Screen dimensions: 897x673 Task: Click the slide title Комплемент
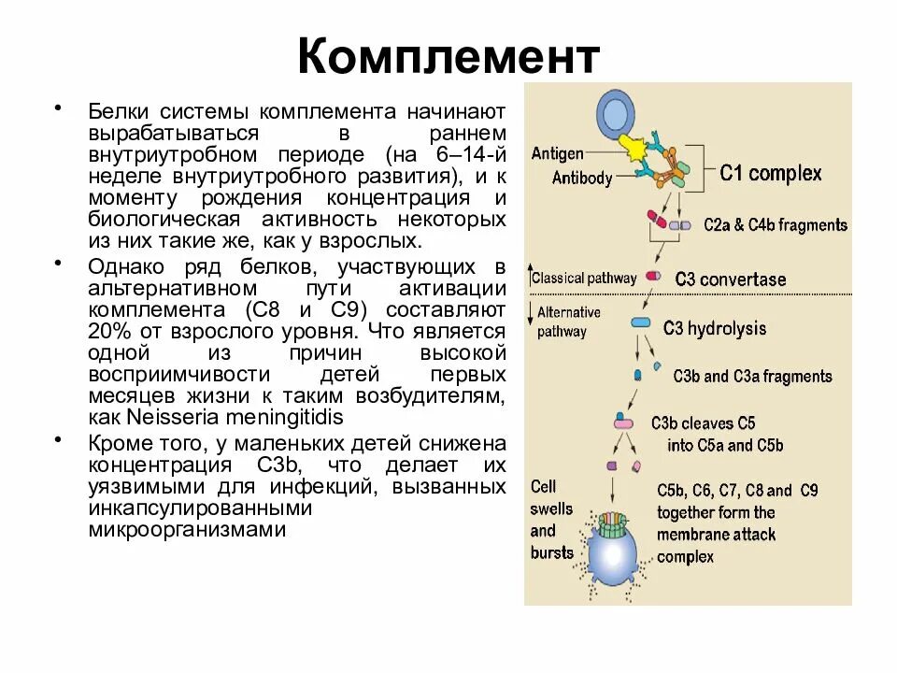coord(448,58)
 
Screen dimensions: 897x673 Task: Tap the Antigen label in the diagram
coord(557,153)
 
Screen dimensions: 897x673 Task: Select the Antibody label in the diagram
coord(581,178)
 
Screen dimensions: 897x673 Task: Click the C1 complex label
coord(771,173)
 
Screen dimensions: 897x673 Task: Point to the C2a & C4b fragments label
coord(776,225)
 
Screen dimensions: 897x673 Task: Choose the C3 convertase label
coord(730,279)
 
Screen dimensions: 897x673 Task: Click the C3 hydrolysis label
coord(715,328)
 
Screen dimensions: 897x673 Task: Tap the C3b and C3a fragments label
coord(752,377)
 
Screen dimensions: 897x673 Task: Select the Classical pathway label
coord(584,278)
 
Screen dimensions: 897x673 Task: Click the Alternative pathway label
coord(568,322)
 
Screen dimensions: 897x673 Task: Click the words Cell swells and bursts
coord(551,520)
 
